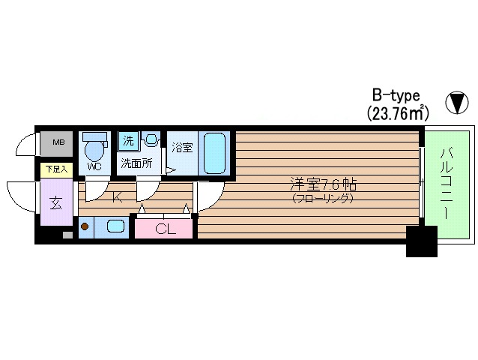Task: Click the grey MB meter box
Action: (57, 143)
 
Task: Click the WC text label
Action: (94, 166)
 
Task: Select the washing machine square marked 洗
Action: (128, 141)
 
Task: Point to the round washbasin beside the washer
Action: (151, 139)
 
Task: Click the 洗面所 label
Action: (136, 163)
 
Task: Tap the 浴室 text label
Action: (182, 148)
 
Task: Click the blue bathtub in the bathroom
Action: (214, 154)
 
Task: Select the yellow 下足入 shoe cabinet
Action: (57, 169)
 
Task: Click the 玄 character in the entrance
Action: (56, 202)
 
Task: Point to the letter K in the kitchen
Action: (117, 197)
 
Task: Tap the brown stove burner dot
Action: (85, 226)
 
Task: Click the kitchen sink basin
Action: (115, 226)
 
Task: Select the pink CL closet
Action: (163, 229)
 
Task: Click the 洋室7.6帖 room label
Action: (323, 185)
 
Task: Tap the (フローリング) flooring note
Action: (323, 199)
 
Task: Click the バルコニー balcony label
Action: (446, 184)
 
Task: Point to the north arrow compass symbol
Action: (457, 103)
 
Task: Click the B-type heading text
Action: (396, 95)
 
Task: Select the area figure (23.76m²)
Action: (398, 113)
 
